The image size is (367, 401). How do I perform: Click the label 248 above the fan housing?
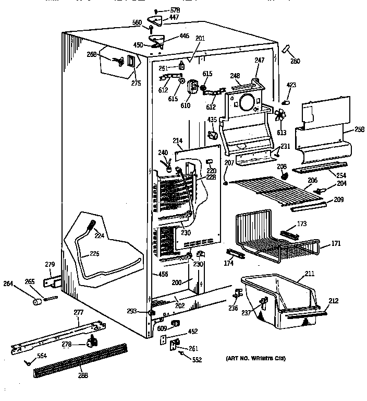coord(235,75)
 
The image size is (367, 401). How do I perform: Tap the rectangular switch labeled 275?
coord(130,62)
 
